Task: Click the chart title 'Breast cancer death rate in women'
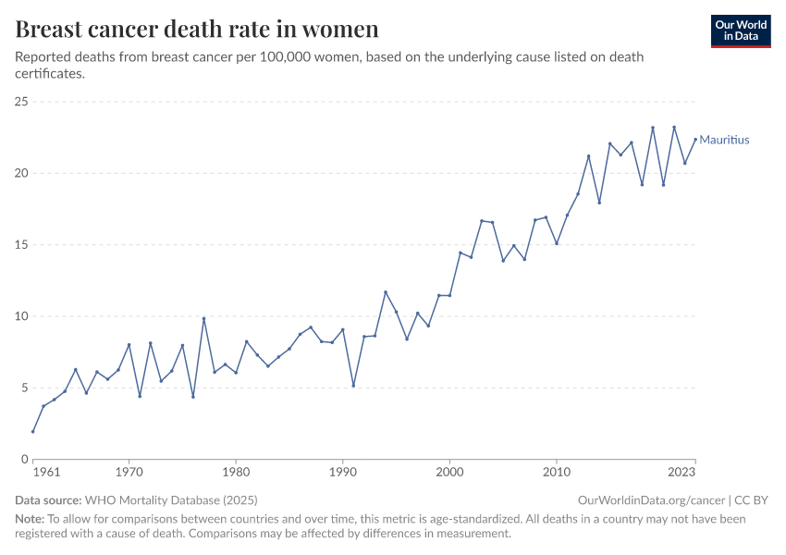(x=197, y=29)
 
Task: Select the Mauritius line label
(x=724, y=141)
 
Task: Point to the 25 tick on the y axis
(x=21, y=102)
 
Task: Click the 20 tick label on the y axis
(x=21, y=173)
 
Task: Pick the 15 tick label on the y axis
(x=21, y=245)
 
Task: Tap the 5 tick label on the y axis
(x=25, y=388)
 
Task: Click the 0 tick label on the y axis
(x=25, y=459)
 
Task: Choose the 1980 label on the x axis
(x=236, y=473)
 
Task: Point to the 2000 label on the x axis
(x=449, y=473)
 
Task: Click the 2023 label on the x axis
(x=681, y=473)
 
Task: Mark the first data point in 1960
(x=33, y=431)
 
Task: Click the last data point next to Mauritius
(x=695, y=140)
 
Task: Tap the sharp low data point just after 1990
(x=353, y=386)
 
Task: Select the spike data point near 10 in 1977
(x=203, y=319)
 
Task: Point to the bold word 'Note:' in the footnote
(x=30, y=519)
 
